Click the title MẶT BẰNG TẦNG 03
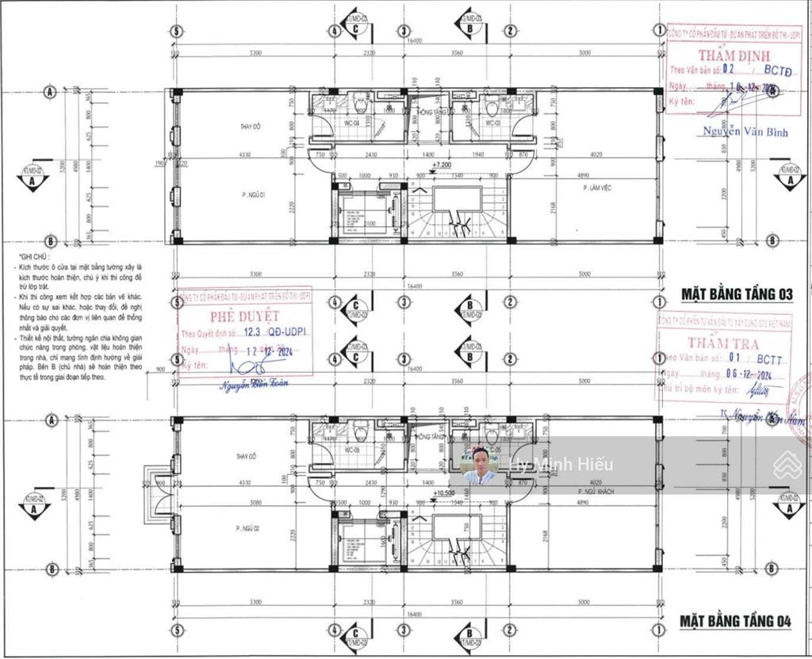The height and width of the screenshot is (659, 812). (x=737, y=294)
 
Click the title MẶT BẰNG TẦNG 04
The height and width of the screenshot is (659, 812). (x=736, y=622)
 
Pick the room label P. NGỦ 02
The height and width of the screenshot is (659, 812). (x=248, y=527)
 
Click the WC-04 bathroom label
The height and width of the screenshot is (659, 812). (x=351, y=124)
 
